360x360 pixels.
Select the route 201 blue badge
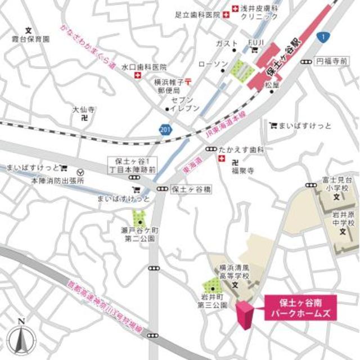click(164, 129)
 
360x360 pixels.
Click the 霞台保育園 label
click(30, 39)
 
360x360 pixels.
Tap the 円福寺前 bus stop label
click(329, 60)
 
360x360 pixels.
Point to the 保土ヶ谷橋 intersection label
click(191, 190)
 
